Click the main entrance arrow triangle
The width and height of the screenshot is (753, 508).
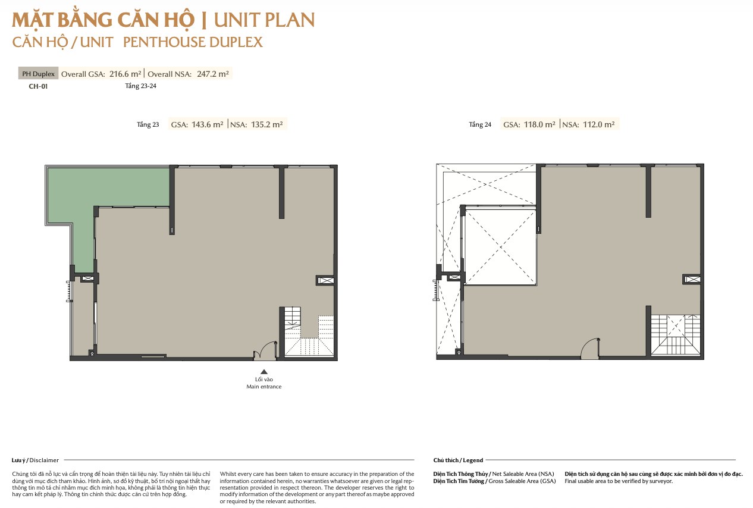[264, 372]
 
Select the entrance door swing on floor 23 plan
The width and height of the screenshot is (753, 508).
[265, 350]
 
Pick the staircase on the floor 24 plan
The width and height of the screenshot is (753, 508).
[676, 335]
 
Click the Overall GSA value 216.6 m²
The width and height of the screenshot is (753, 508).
[125, 74]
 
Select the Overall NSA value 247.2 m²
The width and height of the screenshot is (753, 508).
[213, 74]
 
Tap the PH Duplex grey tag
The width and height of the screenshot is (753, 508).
[38, 74]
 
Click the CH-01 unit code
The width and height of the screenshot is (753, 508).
[38, 86]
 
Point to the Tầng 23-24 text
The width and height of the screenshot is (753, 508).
[140, 86]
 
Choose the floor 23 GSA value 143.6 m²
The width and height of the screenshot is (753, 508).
[208, 125]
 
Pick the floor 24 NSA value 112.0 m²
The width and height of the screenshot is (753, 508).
[599, 125]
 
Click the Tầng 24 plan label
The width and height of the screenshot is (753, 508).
[480, 125]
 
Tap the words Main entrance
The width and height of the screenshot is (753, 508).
[264, 387]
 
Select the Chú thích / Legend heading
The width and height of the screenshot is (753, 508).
[458, 460]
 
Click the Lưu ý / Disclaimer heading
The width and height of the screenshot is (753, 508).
[35, 460]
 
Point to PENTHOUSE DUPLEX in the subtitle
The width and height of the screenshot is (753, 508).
[193, 42]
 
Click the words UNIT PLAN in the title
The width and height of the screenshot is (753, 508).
[264, 20]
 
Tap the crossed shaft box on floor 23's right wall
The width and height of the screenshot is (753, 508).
[325, 280]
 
